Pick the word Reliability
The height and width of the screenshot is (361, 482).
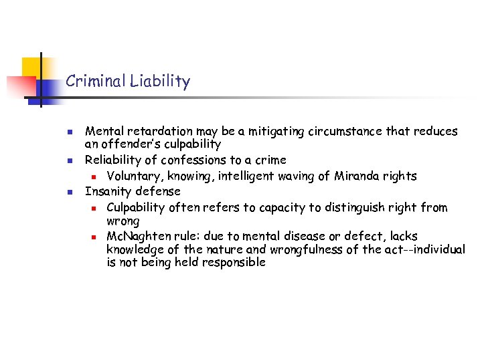(112, 160)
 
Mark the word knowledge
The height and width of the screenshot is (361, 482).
(135, 249)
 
